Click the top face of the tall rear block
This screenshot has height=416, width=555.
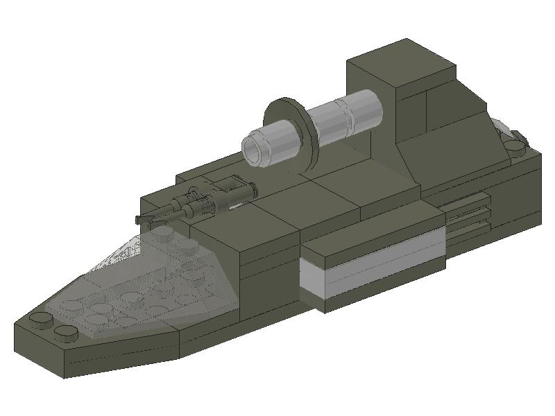(x=401, y=64)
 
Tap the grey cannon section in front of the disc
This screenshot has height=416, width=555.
(x=274, y=142)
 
